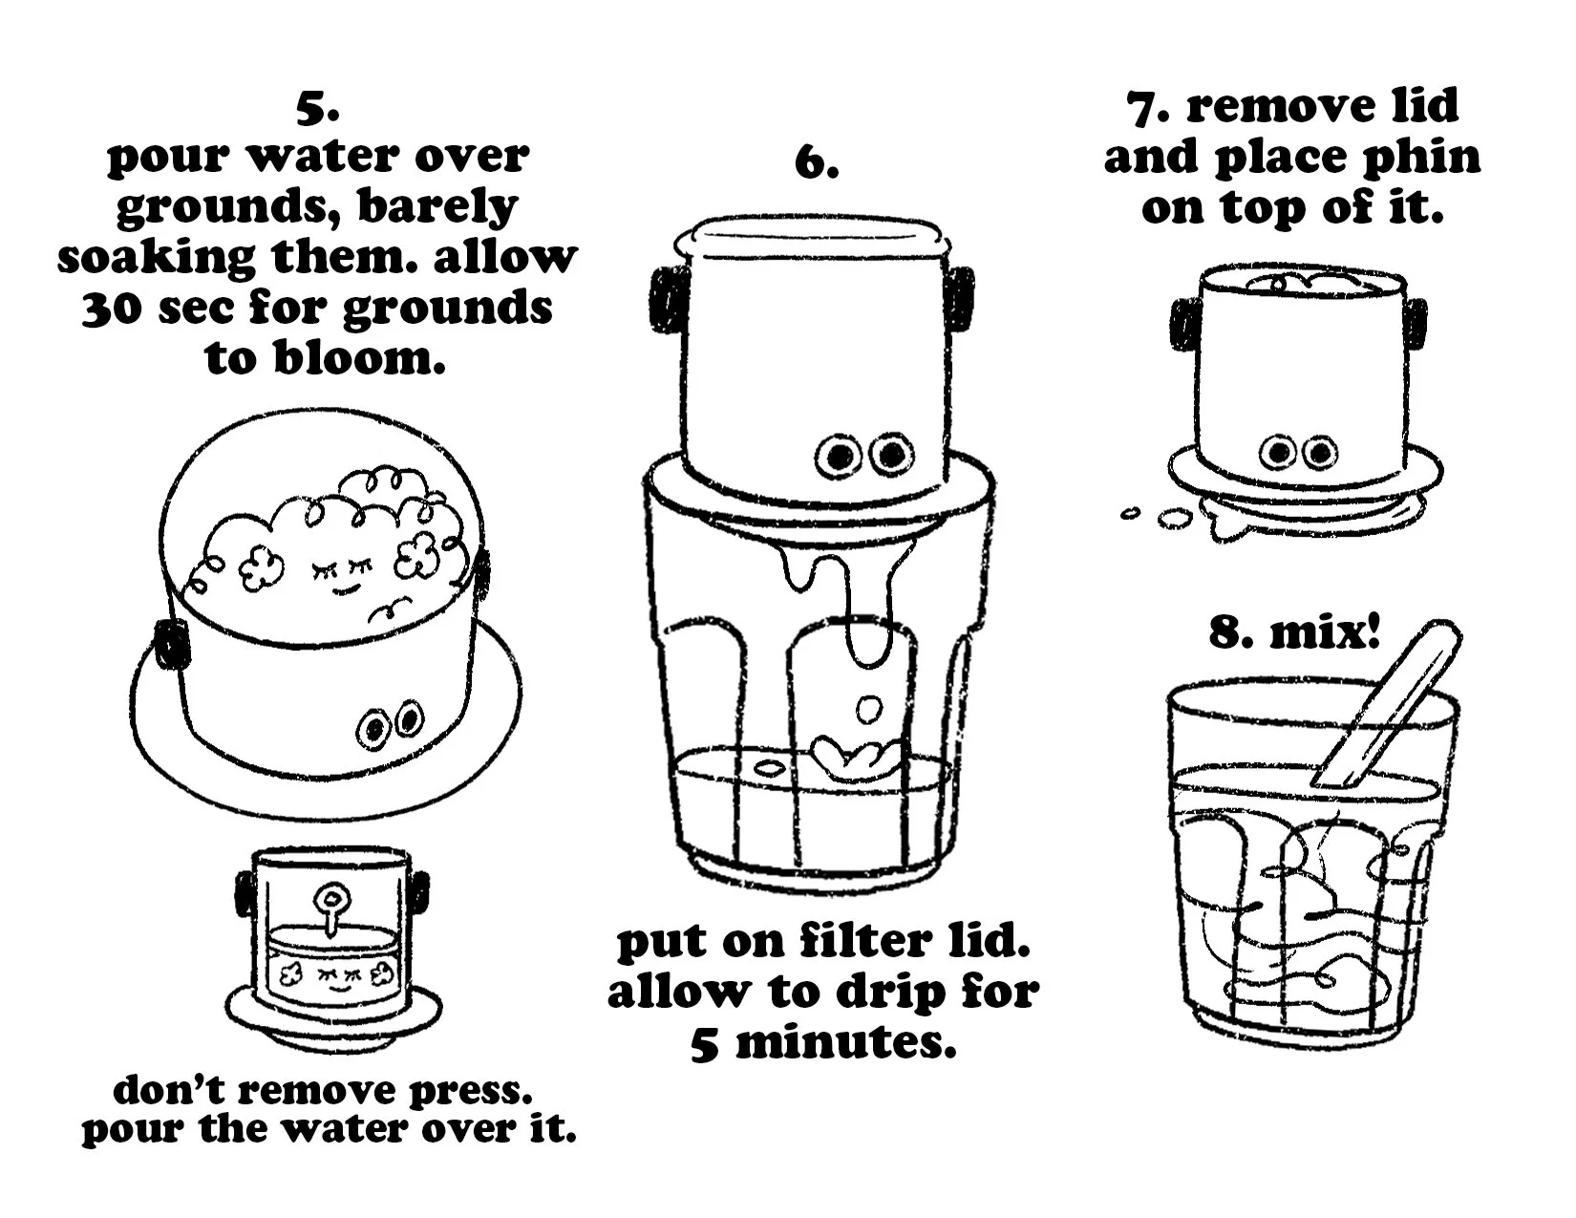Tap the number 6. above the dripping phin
tap(817, 163)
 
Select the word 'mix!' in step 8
tap(1325, 631)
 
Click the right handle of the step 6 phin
tap(959, 298)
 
